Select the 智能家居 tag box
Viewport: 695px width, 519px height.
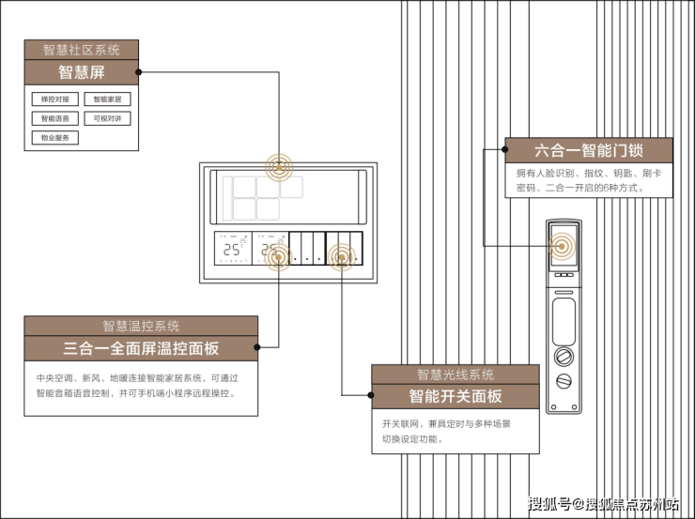(108, 99)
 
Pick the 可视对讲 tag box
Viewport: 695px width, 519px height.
(108, 118)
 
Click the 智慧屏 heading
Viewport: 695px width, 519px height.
(81, 72)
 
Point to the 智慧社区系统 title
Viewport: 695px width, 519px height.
(81, 50)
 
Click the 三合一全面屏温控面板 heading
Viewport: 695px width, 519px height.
(141, 348)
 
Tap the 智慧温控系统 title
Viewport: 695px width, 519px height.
(141, 326)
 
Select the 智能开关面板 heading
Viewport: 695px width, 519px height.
(456, 396)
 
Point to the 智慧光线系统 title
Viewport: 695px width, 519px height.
(456, 374)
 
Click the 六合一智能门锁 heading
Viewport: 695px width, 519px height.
(588, 150)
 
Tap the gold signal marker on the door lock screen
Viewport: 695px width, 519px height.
(563, 248)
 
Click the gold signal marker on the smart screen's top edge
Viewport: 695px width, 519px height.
(279, 170)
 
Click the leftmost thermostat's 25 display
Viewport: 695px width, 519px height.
(231, 252)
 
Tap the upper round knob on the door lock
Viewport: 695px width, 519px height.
(564, 357)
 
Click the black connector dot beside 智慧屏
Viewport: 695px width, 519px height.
(139, 71)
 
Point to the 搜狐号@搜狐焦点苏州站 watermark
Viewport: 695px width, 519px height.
(605, 505)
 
